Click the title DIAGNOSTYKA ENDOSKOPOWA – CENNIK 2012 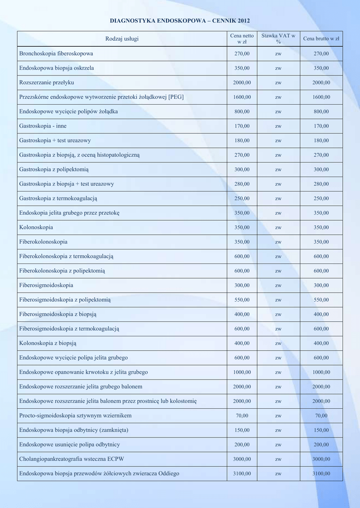pyautogui.click(x=180, y=21)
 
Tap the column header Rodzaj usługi pyautogui.click(x=122, y=39)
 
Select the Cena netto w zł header pyautogui.click(x=242, y=39)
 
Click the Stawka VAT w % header pyautogui.click(x=278, y=39)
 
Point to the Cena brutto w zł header pyautogui.click(x=321, y=39)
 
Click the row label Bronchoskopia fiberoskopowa pyautogui.click(x=56, y=54)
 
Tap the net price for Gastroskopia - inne pyautogui.click(x=242, y=126)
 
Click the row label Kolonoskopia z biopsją pyautogui.click(x=48, y=343)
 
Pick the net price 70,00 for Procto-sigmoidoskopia pyautogui.click(x=242, y=416)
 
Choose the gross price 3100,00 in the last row pyautogui.click(x=321, y=474)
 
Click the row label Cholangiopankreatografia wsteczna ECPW pyautogui.click(x=72, y=459)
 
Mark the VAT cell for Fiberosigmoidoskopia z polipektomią pyautogui.click(x=278, y=300)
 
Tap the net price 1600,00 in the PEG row pyautogui.click(x=242, y=97)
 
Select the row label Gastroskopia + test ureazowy pyautogui.click(x=55, y=140)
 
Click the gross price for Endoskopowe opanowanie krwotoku pyautogui.click(x=321, y=372)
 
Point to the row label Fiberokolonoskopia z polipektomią pyautogui.click(x=62, y=271)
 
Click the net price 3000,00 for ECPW pyautogui.click(x=242, y=459)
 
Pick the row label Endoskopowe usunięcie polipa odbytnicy pyautogui.click(x=70, y=444)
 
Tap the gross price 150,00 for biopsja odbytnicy pyautogui.click(x=321, y=430)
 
